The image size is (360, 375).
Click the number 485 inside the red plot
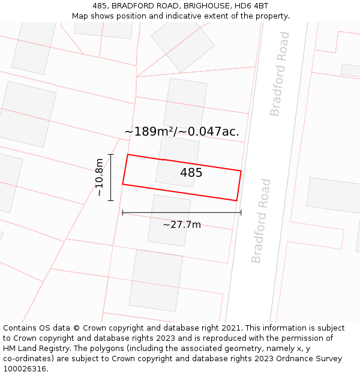coord(191,173)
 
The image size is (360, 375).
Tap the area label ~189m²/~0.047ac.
coord(182,131)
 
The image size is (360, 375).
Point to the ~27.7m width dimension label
coord(182,225)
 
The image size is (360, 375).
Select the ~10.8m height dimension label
coord(99,178)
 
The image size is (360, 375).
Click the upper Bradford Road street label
coord(280,74)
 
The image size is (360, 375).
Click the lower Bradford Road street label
coord(262,221)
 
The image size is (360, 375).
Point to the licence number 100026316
coord(25,369)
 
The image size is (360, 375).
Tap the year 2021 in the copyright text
coord(230,328)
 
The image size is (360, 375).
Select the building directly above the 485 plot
coord(185,102)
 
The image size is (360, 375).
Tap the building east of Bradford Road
coord(334,195)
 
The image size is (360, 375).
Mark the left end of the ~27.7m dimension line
coord(122,212)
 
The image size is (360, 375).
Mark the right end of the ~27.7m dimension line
coord(241,212)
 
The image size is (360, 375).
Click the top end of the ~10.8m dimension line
coord(111,155)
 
